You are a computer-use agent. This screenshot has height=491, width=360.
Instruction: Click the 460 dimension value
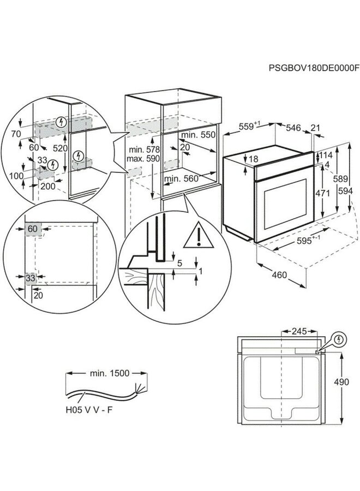[x=279, y=276]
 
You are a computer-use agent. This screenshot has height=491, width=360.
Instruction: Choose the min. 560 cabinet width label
[x=181, y=178]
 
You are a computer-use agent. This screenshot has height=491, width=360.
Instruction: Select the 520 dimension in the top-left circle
[x=60, y=148]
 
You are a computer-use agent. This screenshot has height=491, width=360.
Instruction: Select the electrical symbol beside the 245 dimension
[x=341, y=340]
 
